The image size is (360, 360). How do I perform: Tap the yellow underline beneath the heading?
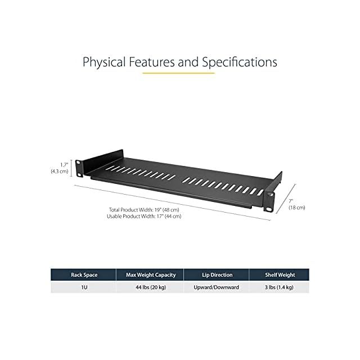click(178, 73)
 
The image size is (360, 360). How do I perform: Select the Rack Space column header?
click(84, 275)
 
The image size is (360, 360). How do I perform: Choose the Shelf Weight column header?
click(280, 275)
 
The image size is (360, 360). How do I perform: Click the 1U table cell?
click(84, 287)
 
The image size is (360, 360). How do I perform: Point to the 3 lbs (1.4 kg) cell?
click(280, 287)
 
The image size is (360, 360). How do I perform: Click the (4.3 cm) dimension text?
click(60, 170)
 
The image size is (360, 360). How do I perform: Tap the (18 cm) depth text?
click(296, 208)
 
